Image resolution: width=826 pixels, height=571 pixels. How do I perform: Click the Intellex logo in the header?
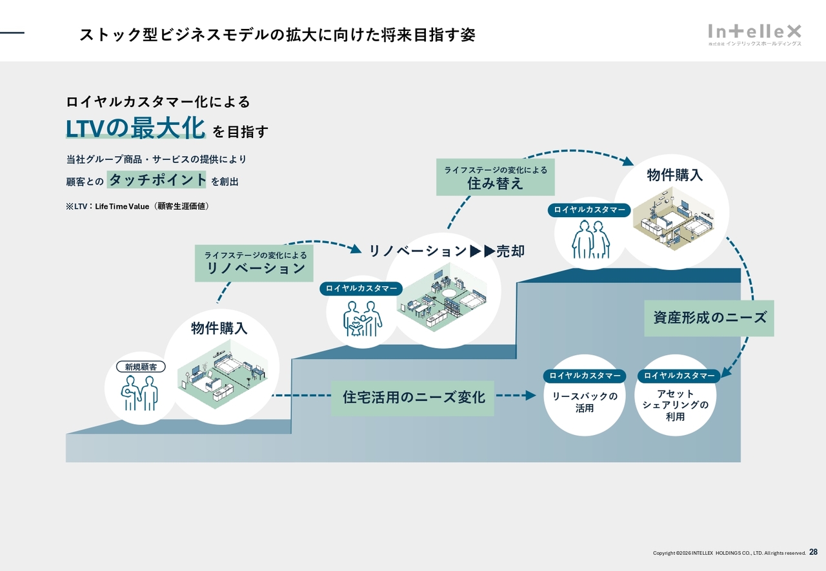click(754, 34)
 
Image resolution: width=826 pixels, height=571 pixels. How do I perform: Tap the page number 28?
click(813, 552)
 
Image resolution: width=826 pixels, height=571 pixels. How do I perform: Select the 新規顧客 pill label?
click(141, 367)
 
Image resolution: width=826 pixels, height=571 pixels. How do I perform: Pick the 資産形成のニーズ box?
click(709, 318)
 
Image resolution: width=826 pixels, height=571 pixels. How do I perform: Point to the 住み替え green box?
click(495, 177)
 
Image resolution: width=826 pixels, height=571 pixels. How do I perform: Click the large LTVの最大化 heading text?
click(136, 128)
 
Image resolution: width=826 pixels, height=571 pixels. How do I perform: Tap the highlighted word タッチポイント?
click(157, 180)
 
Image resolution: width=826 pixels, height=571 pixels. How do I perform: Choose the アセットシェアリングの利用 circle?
click(676, 404)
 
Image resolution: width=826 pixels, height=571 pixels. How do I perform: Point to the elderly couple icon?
click(590, 239)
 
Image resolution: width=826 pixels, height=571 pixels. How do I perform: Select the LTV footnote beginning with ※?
click(137, 206)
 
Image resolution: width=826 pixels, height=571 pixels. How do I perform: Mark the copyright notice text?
click(729, 553)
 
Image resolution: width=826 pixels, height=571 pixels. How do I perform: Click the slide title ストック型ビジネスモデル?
click(277, 35)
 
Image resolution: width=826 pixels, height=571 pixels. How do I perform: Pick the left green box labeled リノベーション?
click(254, 263)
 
